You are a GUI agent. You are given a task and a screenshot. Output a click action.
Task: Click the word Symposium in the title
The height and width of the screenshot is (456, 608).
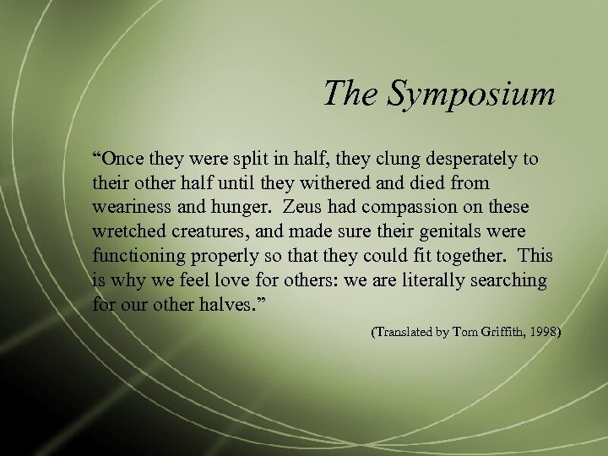(471, 95)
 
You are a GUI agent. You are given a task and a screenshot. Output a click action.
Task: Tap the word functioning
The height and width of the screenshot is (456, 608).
(137, 256)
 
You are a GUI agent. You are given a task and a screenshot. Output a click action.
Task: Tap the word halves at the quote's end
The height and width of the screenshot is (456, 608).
(217, 304)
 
